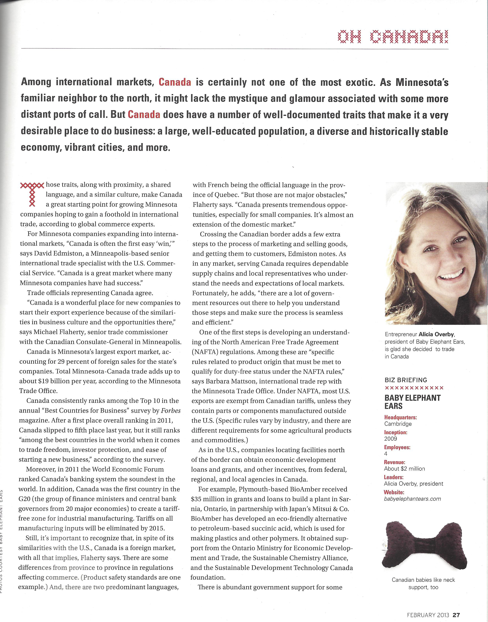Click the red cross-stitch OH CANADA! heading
(x=393, y=37)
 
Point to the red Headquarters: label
(x=400, y=417)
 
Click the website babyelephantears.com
(x=412, y=499)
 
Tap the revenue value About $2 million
(x=404, y=469)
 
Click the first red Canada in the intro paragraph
(x=175, y=82)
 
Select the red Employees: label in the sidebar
(x=397, y=447)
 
